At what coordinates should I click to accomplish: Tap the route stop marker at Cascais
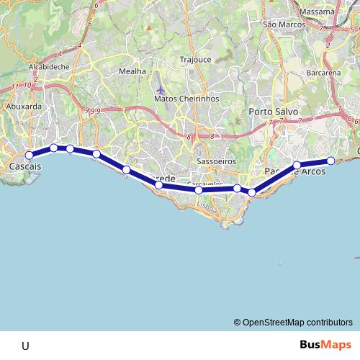30,155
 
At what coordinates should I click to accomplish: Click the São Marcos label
281,24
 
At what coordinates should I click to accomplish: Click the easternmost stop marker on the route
330,161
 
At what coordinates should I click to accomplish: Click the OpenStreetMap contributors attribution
297,323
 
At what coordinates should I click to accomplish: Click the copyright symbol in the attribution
238,323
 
